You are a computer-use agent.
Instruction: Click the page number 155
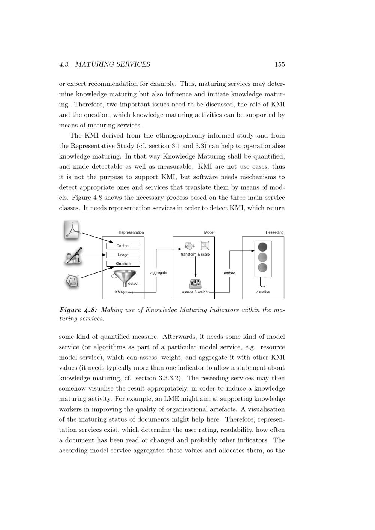[280, 64]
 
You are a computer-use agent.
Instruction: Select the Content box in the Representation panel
[123, 246]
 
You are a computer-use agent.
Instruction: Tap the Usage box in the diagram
[123, 255]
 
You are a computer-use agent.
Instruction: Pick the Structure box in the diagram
[123, 264]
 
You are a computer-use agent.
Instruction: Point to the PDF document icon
[72, 230]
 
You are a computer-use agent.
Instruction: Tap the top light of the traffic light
[262, 247]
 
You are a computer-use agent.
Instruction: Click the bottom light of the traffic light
[262, 267]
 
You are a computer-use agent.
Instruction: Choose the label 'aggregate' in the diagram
[159, 273]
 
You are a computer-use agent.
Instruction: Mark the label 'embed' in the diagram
[229, 273]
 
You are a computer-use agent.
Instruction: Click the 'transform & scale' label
[195, 255]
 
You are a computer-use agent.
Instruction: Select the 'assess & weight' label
[195, 292]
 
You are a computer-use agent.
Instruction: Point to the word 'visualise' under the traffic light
[263, 292]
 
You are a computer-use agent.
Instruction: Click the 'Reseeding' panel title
[274, 232]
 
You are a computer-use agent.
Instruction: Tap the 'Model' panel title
[209, 232]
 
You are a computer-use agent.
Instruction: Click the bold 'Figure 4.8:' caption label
[79, 310]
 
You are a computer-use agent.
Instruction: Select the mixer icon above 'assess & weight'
[195, 283]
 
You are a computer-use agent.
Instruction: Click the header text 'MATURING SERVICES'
[113, 64]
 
